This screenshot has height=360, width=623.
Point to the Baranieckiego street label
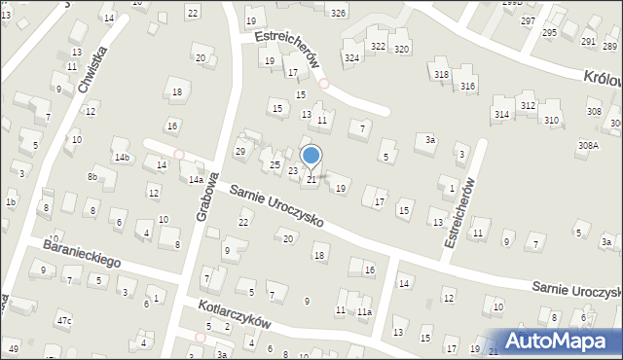(x=82, y=254)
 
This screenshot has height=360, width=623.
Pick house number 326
(x=338, y=13)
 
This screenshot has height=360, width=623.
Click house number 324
(x=351, y=58)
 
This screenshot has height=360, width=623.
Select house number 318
(x=442, y=75)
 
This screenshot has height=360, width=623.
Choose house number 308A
(x=588, y=145)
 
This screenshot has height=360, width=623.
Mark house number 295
(x=550, y=33)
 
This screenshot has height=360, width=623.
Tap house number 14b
(x=122, y=157)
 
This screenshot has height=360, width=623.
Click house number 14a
(x=196, y=180)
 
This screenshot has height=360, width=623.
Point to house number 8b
(x=92, y=176)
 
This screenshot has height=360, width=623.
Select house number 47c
(x=64, y=320)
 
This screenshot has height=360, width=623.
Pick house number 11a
(x=364, y=311)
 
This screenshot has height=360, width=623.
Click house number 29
(x=240, y=151)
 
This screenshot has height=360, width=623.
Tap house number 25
(x=275, y=165)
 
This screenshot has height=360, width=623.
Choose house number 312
(x=528, y=105)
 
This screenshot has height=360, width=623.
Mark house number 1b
(x=11, y=201)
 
